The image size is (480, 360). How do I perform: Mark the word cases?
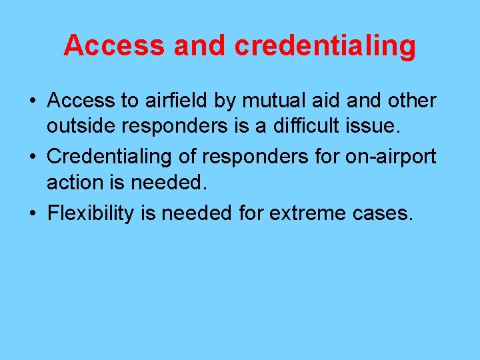[386, 213]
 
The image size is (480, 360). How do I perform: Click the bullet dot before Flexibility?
[32, 213]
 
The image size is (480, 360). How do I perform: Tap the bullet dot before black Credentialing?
[32, 156]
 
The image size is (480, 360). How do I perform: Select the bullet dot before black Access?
[32, 101]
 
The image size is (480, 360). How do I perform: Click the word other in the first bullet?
[412, 101]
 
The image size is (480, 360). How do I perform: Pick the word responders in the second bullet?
[256, 156]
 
